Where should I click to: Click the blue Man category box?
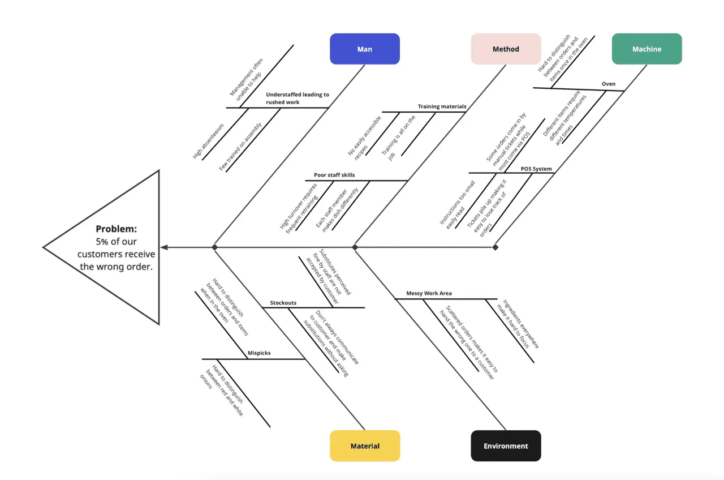(365, 49)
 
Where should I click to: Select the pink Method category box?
(506, 49)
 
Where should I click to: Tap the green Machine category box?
(647, 49)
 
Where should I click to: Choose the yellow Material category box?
(365, 445)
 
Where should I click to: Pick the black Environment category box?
(506, 445)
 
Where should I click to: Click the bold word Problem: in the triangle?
(116, 229)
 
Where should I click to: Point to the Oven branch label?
(608, 84)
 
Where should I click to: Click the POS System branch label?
(536, 169)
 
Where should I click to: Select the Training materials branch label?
(442, 106)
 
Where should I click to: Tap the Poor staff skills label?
(334, 175)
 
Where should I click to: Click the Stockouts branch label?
(283, 303)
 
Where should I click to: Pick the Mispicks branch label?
(259, 353)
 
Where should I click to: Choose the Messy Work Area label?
(429, 293)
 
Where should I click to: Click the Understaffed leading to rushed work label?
(297, 98)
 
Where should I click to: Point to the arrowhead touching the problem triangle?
(164, 247)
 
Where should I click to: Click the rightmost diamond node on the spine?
(495, 247)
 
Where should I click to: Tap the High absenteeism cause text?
(208, 141)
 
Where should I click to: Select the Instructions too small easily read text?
(457, 204)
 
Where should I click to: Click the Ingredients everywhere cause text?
(517, 323)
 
